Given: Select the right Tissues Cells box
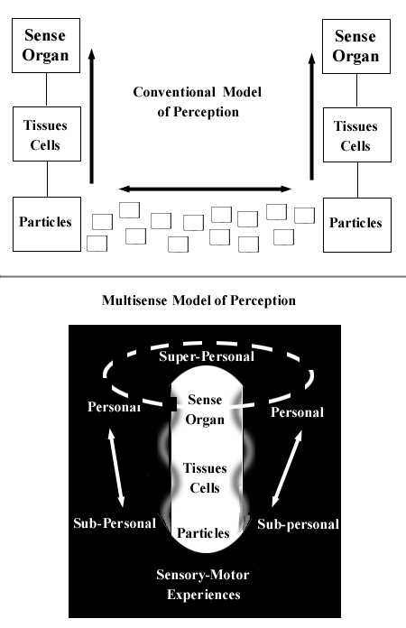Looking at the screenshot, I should coord(355,134).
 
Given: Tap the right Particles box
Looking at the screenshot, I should coord(355,222).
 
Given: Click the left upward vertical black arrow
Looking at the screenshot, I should coord(91,117).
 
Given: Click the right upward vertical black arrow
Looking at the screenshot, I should coord(311,117).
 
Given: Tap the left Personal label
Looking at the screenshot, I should coord(115,407).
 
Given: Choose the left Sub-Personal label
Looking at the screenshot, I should coord(115,523).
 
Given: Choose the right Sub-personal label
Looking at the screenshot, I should coord(298,523).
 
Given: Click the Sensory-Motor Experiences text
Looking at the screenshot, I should coord(203,586).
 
